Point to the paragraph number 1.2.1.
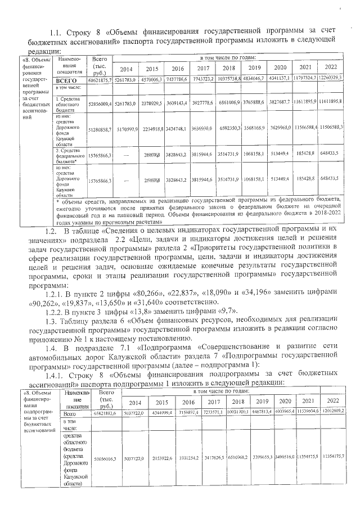click(55, 292)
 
